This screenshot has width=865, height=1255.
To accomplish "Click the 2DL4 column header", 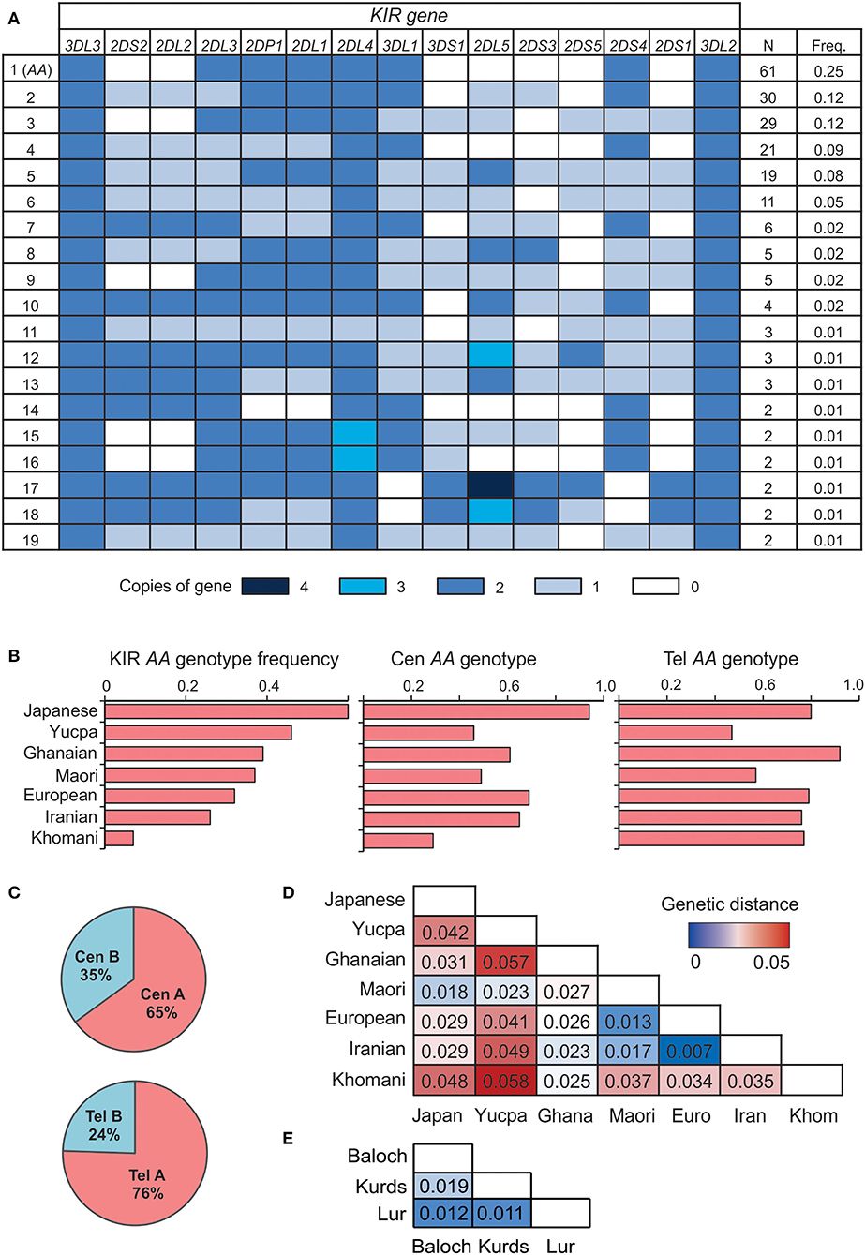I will (354, 44).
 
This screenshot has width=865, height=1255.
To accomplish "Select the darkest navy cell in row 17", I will (491, 485).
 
